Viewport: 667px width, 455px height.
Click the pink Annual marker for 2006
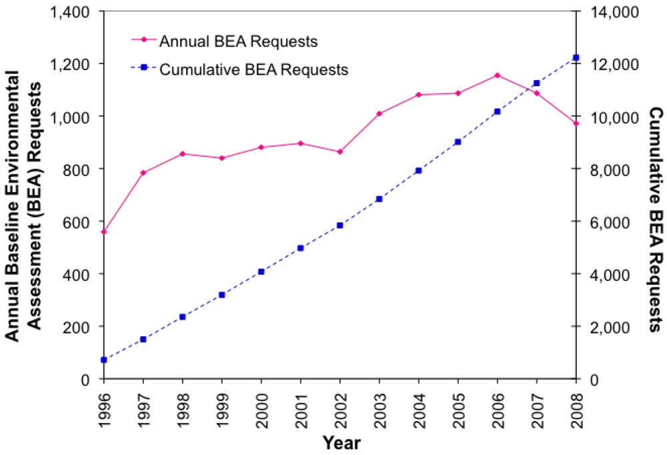click(x=497, y=75)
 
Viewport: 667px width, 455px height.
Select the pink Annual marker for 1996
click(x=103, y=232)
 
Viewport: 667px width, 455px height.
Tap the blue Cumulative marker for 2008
click(x=576, y=58)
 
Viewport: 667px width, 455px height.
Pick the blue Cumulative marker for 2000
click(x=261, y=272)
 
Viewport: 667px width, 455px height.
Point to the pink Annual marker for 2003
click(x=379, y=113)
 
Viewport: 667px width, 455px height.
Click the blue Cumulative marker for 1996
click(x=103, y=360)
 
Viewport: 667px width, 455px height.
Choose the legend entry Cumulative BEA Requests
click(x=253, y=69)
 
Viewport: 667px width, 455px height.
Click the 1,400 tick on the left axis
click(x=77, y=11)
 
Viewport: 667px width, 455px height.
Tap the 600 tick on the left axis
click(x=83, y=221)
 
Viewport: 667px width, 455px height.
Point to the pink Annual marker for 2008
click(x=576, y=123)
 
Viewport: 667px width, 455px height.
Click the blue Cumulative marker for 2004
click(x=418, y=171)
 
